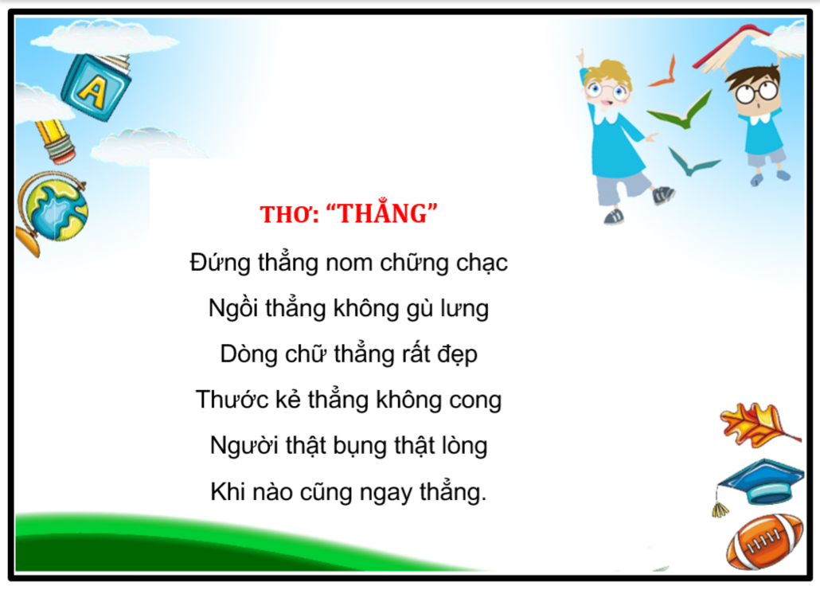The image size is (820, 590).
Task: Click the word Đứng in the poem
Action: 220,262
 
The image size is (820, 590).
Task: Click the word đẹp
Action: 457,354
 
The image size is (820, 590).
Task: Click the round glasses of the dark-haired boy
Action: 756,92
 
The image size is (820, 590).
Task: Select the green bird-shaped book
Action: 680,111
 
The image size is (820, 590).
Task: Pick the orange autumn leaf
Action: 758,424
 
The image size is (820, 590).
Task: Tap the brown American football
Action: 764,542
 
